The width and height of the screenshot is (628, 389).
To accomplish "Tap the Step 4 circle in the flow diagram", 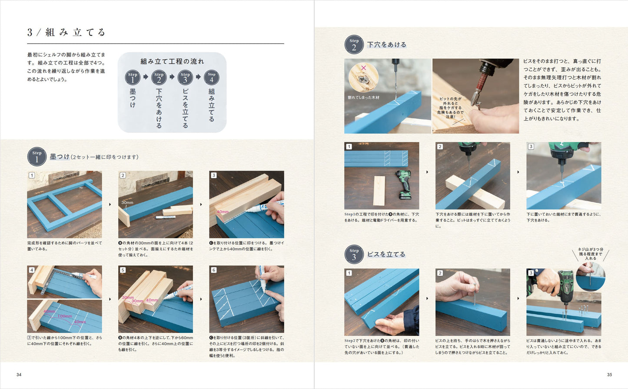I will [212, 77].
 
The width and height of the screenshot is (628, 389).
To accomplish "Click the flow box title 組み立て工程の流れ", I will [172, 61].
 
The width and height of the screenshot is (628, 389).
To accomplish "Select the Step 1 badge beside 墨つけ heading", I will [37, 157].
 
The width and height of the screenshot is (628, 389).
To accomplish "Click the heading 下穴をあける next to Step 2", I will [386, 45].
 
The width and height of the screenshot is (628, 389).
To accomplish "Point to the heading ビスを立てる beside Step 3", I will [386, 254].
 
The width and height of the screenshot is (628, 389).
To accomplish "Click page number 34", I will [19, 375].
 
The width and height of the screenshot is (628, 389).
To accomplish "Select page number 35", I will [609, 375].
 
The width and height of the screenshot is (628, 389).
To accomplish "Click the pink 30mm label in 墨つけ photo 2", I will [127, 203].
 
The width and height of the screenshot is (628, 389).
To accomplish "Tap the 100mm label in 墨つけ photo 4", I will [65, 316].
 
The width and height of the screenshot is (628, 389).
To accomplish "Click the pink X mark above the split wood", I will [364, 68].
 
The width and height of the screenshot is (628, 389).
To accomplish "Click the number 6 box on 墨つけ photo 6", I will [214, 270].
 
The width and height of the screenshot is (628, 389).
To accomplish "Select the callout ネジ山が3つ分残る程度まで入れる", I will [590, 254].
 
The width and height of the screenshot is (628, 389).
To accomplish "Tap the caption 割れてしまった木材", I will [363, 97].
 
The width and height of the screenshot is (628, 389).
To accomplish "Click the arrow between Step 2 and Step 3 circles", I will [172, 77].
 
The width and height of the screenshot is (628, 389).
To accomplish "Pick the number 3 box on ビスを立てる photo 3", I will [531, 273].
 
